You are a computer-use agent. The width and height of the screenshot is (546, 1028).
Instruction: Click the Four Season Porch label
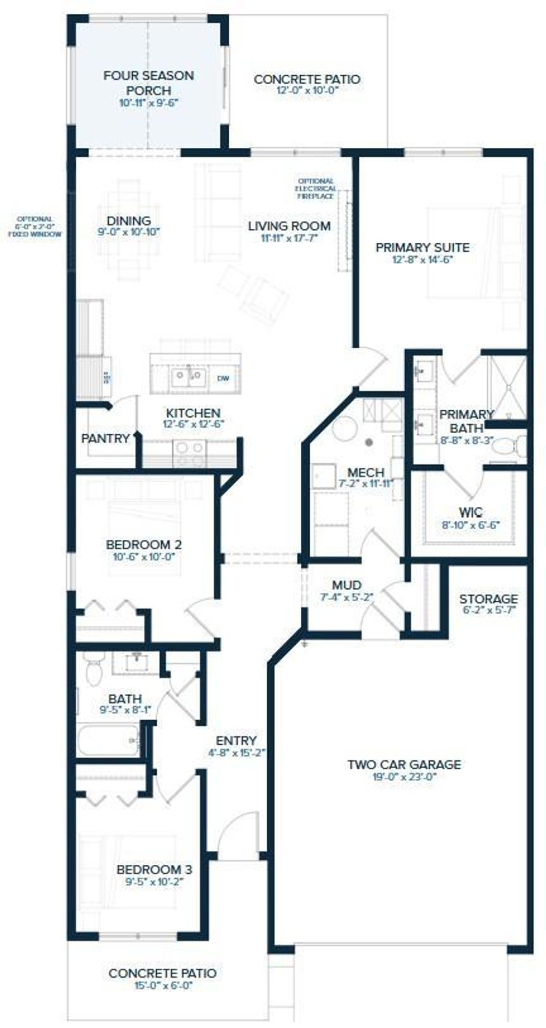coord(148,83)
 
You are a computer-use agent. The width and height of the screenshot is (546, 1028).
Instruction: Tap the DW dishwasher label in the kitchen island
coord(223,378)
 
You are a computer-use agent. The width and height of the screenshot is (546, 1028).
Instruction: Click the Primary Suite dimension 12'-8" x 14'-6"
coord(422,260)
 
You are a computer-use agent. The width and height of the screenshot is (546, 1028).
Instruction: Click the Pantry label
coord(106,439)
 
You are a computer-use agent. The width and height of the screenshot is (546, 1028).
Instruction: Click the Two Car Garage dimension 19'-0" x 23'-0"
coord(404,777)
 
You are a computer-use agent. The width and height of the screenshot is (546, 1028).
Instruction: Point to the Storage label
coord(488,599)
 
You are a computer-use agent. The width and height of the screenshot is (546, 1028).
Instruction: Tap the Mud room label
coord(347,585)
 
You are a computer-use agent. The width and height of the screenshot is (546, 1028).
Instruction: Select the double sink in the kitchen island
coord(189,377)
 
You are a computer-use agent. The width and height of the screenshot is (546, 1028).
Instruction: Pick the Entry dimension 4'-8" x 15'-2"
coord(236,753)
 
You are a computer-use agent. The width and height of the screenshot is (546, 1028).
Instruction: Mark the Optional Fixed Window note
coord(34,226)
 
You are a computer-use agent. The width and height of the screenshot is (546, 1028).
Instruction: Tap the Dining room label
coord(129,220)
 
